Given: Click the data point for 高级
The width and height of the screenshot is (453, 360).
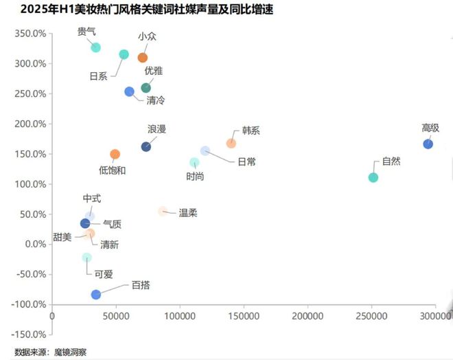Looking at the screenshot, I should click(428, 144).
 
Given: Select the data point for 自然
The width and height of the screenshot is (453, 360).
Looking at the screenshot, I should click(373, 177).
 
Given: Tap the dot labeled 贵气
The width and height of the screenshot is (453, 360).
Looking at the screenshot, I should click(96, 47).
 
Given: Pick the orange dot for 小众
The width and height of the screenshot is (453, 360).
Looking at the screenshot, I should click(143, 58).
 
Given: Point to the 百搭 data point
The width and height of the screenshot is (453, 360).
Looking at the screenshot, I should click(96, 294).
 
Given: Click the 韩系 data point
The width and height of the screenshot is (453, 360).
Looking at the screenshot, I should click(231, 143).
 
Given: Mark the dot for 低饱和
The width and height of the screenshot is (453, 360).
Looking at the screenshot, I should click(115, 155).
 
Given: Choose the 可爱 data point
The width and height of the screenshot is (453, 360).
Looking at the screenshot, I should click(86, 258).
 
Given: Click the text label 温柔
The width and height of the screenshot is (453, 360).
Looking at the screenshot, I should click(188, 213).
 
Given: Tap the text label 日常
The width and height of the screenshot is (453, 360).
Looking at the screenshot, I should click(246, 162).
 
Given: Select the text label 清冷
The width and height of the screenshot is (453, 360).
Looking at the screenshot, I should click(156, 100).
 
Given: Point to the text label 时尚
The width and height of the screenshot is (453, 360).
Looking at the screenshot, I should click(195, 177).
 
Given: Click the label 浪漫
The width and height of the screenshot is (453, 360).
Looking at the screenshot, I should click(156, 129).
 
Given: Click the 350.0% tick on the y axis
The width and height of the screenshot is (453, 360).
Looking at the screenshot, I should click(30, 34).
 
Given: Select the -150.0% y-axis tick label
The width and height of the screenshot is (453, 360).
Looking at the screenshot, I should click(29, 335).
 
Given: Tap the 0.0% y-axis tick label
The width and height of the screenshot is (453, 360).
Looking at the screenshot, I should click(34, 244).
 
